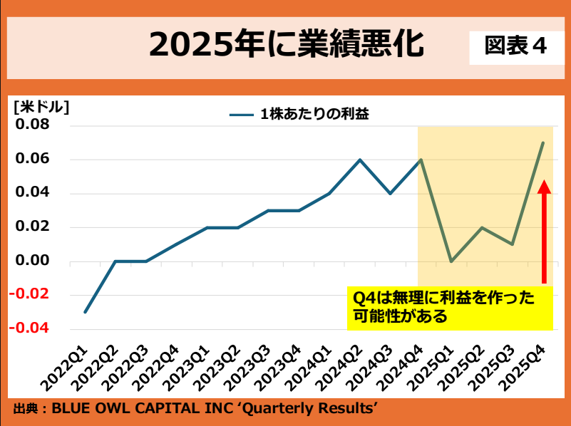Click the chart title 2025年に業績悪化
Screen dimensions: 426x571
coord(286,44)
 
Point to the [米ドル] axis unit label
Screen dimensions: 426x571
coord(41,108)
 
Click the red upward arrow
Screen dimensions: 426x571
coord(544,232)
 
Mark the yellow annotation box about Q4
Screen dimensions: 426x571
coord(451,307)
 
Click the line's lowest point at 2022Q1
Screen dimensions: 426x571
coord(85,312)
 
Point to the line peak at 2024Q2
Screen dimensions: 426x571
coord(359,160)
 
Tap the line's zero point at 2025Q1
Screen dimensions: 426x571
coord(451,261)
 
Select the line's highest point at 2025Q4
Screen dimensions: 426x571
coord(543,142)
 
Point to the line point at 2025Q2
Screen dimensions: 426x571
coord(482,227)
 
